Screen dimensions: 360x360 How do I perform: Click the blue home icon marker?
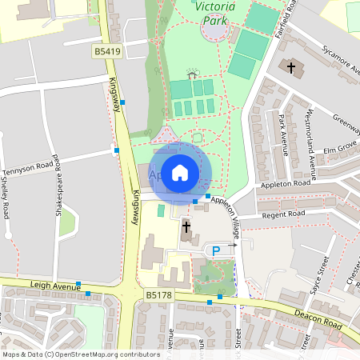(180, 172)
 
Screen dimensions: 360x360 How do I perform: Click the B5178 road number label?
(159, 296)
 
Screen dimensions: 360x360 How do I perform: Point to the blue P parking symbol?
(214, 252)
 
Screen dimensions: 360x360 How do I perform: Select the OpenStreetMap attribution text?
(81, 354)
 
